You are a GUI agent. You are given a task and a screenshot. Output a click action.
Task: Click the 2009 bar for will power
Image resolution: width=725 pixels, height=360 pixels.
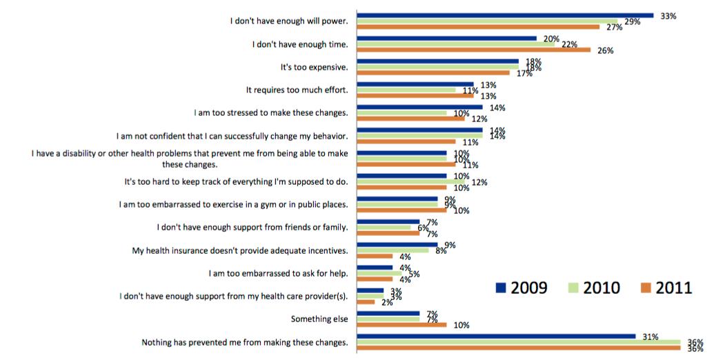(x=504, y=14)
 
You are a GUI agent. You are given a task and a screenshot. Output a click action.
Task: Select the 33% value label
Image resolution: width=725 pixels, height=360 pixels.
(x=668, y=15)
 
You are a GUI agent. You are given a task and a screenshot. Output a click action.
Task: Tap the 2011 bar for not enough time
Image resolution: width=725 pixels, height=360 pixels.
(x=473, y=50)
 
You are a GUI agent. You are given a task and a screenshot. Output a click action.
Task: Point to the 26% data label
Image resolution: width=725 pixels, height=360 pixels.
(x=606, y=50)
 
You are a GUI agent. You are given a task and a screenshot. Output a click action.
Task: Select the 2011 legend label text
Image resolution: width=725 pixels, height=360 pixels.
(x=674, y=288)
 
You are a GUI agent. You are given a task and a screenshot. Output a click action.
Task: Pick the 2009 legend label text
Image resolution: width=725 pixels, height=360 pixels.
(x=528, y=288)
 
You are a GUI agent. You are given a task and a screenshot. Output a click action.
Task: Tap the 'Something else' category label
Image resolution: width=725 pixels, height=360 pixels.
(x=319, y=319)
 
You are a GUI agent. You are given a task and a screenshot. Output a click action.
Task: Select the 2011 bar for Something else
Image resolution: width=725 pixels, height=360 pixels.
(x=401, y=325)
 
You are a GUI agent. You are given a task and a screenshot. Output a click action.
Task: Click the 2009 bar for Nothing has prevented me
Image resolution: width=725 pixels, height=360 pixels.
(x=496, y=337)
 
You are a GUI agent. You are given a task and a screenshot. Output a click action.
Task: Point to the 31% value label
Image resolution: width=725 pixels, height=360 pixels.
(x=650, y=337)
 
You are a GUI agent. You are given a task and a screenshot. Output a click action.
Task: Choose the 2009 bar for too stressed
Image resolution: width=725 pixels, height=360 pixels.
(x=419, y=107)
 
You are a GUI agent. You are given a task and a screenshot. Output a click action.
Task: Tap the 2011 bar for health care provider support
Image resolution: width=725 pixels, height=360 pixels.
(x=366, y=301)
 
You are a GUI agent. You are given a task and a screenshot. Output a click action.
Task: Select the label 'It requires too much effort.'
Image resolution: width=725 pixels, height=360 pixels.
(x=297, y=90)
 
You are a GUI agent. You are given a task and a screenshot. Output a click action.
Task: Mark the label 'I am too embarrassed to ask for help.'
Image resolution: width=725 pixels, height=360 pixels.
(x=278, y=273)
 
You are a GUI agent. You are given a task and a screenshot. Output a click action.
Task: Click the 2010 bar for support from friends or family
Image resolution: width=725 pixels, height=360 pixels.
(x=384, y=227)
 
